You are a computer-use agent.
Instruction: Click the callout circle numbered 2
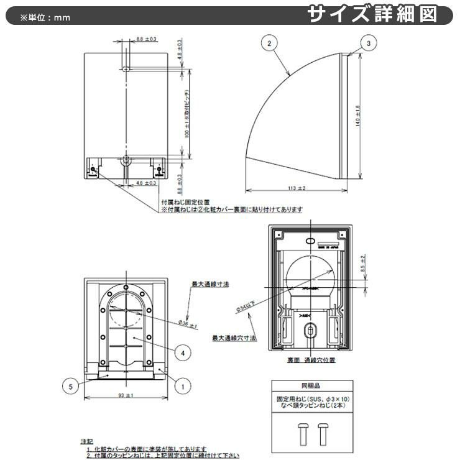pyautogui.click(x=269, y=44)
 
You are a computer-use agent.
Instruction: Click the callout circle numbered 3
pyautogui.click(x=369, y=43)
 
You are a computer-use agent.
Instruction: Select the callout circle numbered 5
pyautogui.click(x=71, y=386)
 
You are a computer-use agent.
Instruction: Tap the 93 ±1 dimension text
pyautogui.click(x=126, y=396)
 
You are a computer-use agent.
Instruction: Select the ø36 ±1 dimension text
pyautogui.click(x=187, y=324)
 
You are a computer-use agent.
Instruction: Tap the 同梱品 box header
pyautogui.click(x=310, y=385)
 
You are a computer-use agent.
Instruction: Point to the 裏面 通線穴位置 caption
pyautogui.click(x=311, y=359)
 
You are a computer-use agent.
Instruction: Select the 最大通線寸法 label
pyautogui.click(x=210, y=283)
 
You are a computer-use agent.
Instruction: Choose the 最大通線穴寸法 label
pyautogui.click(x=231, y=338)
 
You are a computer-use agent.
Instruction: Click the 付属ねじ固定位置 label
pyautogui.click(x=184, y=202)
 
